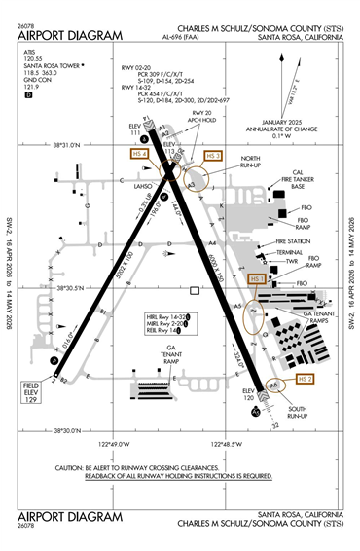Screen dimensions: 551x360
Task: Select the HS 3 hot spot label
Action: click(x=214, y=155)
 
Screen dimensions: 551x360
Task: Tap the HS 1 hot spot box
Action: click(x=258, y=279)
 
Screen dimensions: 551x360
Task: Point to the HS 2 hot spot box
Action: click(x=306, y=378)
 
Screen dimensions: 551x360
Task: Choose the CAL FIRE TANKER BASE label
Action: click(x=281, y=183)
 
